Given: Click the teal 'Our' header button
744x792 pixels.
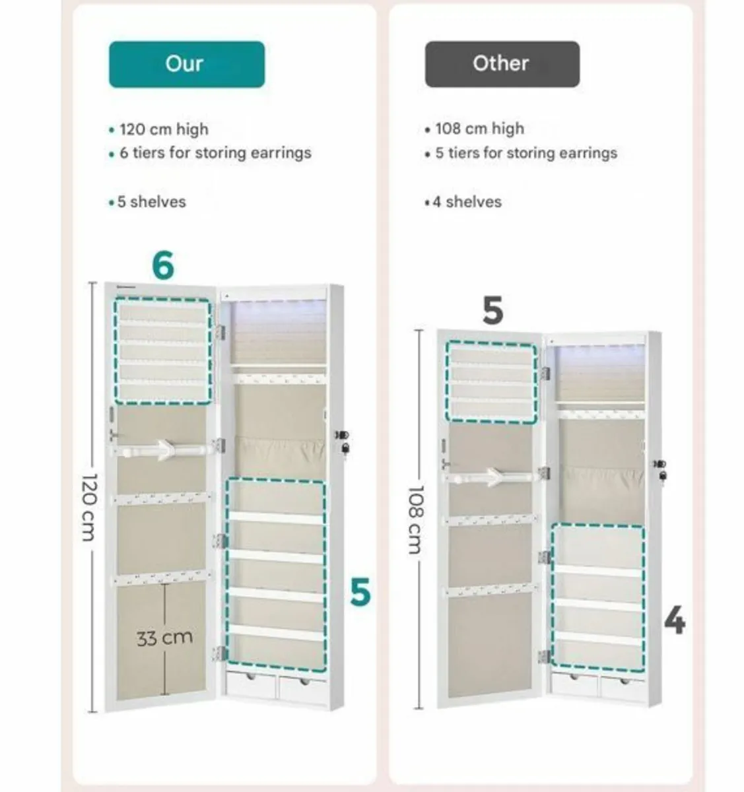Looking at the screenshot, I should tap(186, 64).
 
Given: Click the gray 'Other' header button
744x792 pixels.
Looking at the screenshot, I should tap(502, 64).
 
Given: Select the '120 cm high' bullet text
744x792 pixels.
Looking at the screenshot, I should tap(163, 129).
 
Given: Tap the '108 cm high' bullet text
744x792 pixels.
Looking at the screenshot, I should tap(479, 129).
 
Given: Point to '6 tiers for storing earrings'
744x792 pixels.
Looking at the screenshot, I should tap(215, 153).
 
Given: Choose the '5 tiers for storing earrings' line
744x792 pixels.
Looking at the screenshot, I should tap(526, 153).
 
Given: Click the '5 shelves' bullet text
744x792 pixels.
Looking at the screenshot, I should tap(151, 202).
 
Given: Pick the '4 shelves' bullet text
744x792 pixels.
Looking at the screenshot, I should tap(467, 202).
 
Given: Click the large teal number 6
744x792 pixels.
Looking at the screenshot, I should tap(163, 265).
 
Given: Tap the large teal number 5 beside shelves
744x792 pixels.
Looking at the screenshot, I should tap(360, 592).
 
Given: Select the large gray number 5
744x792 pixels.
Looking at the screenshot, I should tap(492, 311).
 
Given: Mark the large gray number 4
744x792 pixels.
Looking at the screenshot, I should tap(674, 621).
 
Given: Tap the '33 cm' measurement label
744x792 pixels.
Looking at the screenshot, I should tap(164, 638).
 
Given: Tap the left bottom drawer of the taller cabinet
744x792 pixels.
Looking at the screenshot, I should tap(251, 686).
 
